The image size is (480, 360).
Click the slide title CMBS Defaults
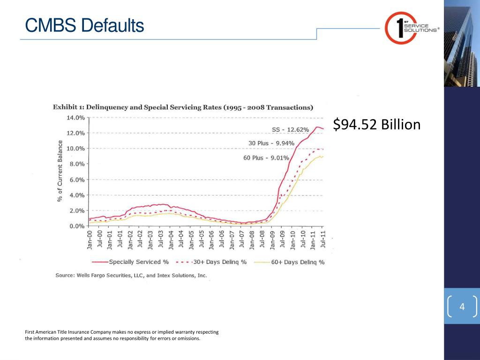coord(84,25)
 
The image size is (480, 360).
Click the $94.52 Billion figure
coord(377,125)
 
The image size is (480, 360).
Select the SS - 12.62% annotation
coord(291,129)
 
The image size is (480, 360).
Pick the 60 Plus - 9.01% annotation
coord(266,158)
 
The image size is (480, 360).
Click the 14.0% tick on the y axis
coord(75,117)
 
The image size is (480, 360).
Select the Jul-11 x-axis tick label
coord(323,240)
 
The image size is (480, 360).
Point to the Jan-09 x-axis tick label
coord(272,240)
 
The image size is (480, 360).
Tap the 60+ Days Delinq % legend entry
coord(298,262)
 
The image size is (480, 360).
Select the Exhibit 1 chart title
coord(183,107)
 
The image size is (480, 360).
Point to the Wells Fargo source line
coord(131,276)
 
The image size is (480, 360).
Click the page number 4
coord(462,307)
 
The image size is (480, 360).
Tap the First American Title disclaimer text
coord(121,335)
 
